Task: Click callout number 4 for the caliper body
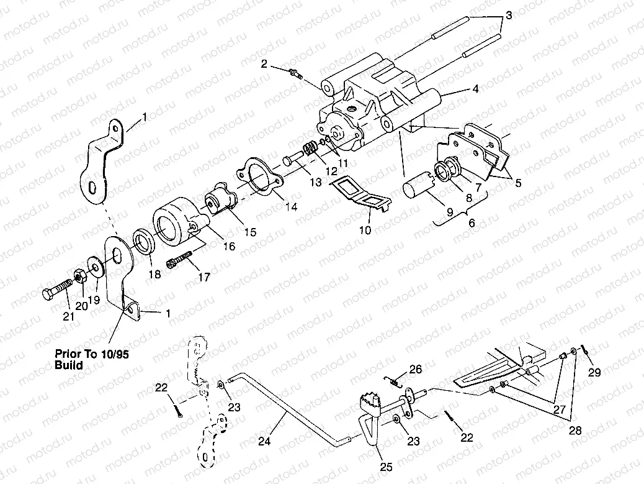pyautogui.click(x=475, y=89)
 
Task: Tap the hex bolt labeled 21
pyautogui.click(x=60, y=290)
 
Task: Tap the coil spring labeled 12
pyautogui.click(x=310, y=150)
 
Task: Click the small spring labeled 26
pyautogui.click(x=392, y=381)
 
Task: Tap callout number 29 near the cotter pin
pyautogui.click(x=595, y=372)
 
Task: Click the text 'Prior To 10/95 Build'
pyautogui.click(x=95, y=359)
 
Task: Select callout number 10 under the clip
pyautogui.click(x=365, y=230)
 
